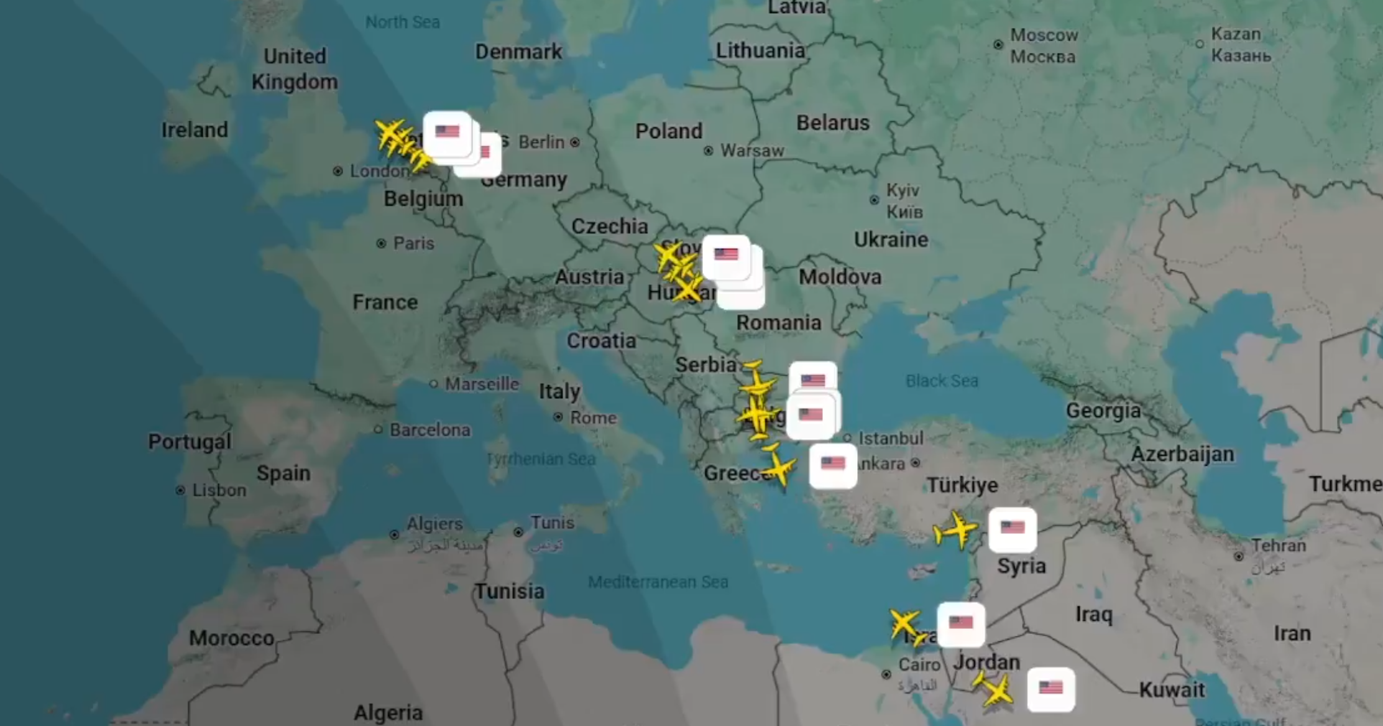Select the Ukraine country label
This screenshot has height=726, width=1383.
click(891, 240)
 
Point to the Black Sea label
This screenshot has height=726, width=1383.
click(942, 381)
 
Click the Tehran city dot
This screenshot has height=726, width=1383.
click(1239, 556)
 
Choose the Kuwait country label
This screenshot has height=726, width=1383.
click(1172, 690)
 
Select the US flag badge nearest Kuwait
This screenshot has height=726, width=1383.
click(1051, 689)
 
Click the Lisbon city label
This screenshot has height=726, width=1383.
click(219, 490)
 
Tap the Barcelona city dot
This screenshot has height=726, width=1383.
click(378, 429)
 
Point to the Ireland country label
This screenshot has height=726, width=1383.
click(195, 130)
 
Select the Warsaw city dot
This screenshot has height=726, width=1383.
click(708, 151)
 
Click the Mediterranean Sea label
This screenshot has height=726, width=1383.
click(658, 582)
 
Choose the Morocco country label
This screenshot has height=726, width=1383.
click(231, 638)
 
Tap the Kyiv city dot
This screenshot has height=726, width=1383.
click(875, 200)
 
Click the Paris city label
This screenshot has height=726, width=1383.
click(413, 243)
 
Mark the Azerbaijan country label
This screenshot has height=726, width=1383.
click(1182, 454)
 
